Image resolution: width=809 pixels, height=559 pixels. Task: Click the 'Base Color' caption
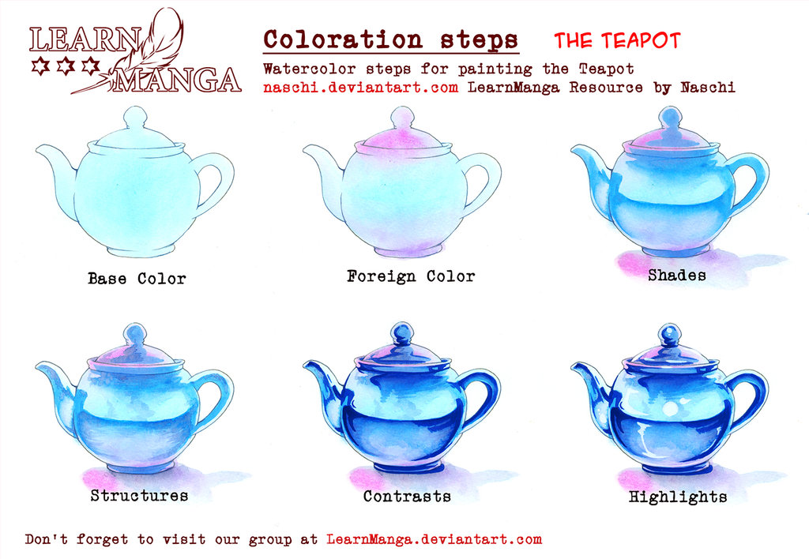pyautogui.click(x=137, y=279)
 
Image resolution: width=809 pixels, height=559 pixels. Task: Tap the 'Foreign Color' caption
pyautogui.click(x=410, y=276)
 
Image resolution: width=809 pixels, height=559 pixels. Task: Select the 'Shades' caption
pyautogui.click(x=676, y=276)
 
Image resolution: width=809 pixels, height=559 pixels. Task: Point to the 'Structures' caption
pyautogui.click(x=139, y=496)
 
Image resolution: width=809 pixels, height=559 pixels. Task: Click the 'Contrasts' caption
pyautogui.click(x=407, y=497)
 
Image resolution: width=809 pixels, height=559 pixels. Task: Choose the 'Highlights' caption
pyautogui.click(x=677, y=497)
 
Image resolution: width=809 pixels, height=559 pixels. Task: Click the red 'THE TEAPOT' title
pyautogui.click(x=616, y=40)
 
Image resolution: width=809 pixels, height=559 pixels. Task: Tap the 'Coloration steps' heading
pyautogui.click(x=390, y=39)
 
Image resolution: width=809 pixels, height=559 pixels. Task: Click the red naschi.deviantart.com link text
pyautogui.click(x=361, y=88)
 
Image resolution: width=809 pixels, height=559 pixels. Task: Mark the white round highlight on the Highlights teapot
pyautogui.click(x=671, y=409)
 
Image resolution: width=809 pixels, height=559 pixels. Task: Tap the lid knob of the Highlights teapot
pyautogui.click(x=670, y=332)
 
